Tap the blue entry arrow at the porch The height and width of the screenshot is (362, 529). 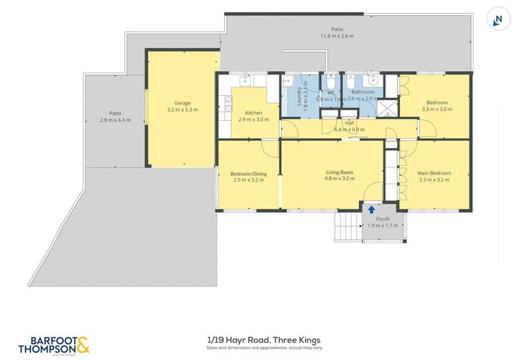pyautogui.click(x=371, y=209)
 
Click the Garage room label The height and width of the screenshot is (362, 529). pyautogui.click(x=183, y=103)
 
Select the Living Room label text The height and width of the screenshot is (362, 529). pyautogui.click(x=339, y=172)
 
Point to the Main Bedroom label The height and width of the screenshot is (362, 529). pyautogui.click(x=433, y=172)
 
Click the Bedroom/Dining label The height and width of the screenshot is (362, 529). pyautogui.click(x=248, y=174)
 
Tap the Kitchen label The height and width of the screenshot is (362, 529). pyautogui.click(x=254, y=112)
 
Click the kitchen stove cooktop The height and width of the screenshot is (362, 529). pyautogui.click(x=229, y=102)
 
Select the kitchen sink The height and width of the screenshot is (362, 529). pyautogui.click(x=244, y=81)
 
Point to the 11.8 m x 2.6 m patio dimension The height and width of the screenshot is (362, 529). pyautogui.click(x=337, y=36)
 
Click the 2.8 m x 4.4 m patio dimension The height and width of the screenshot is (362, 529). pyautogui.click(x=115, y=120)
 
